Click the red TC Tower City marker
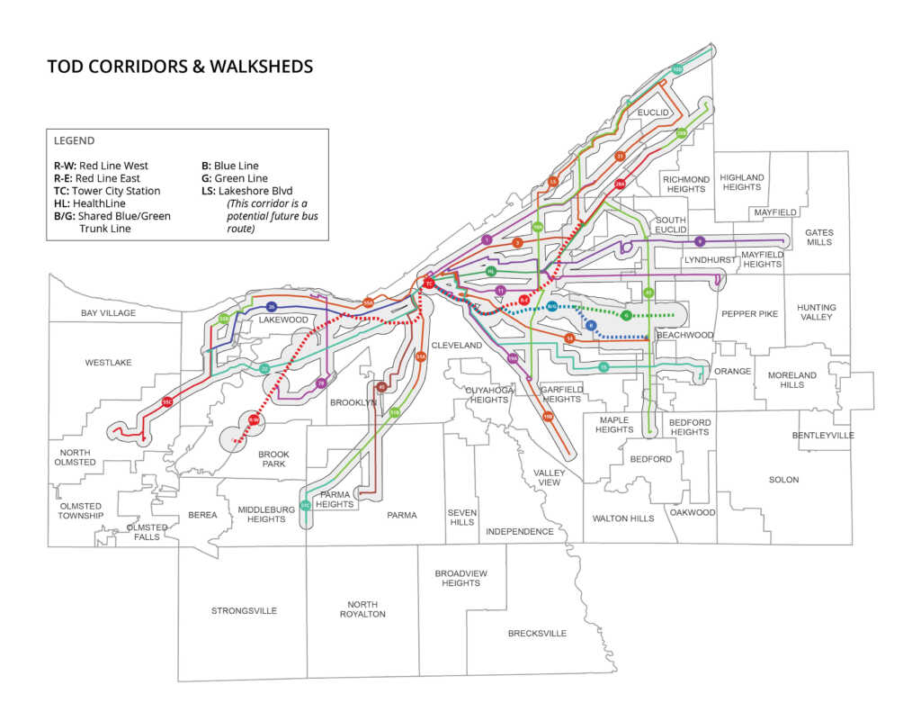click(429, 284)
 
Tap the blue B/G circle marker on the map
click(551, 307)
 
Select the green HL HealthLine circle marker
click(491, 271)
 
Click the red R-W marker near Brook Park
click(254, 420)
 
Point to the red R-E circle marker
click(523, 301)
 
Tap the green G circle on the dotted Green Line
click(626, 315)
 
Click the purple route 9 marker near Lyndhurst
click(700, 241)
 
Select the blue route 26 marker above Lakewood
click(271, 308)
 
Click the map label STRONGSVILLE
click(244, 611)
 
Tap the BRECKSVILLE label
click(537, 634)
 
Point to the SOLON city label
click(783, 480)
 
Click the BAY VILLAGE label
click(108, 313)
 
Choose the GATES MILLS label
click(818, 238)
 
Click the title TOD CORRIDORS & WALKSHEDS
click(180, 68)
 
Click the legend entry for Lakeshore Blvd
click(247, 191)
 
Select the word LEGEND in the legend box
click(74, 141)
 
